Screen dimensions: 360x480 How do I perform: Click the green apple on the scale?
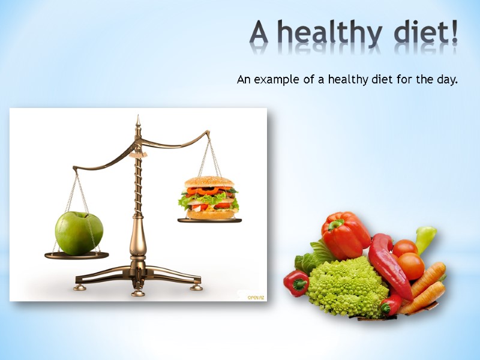click(x=79, y=232)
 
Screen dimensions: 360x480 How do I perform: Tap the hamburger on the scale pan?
click(x=209, y=197)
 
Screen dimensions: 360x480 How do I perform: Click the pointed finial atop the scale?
click(x=138, y=122)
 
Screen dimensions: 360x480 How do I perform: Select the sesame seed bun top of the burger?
click(x=209, y=182)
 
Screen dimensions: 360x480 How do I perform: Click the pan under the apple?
click(x=77, y=255)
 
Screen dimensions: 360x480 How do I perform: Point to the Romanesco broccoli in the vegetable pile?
click(x=348, y=285)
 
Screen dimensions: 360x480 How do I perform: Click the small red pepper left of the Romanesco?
click(x=296, y=283)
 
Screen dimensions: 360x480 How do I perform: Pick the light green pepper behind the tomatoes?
click(x=425, y=238)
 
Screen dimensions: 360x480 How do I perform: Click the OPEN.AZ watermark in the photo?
click(x=256, y=296)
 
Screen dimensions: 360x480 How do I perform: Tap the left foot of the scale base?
click(x=79, y=287)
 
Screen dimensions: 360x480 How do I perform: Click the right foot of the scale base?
click(x=196, y=287)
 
